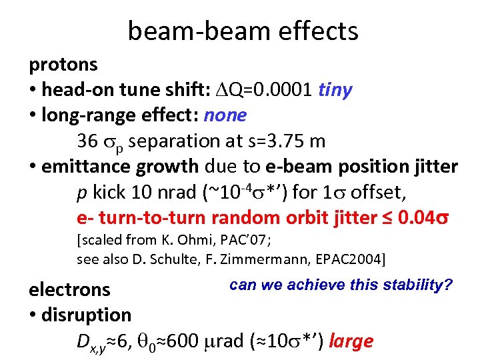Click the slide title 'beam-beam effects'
(x=243, y=31)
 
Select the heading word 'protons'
(x=63, y=65)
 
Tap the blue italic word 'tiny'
(x=335, y=90)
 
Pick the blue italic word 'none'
(x=225, y=115)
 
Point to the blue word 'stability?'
(x=419, y=285)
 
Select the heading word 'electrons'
(x=69, y=289)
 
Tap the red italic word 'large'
(x=351, y=341)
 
